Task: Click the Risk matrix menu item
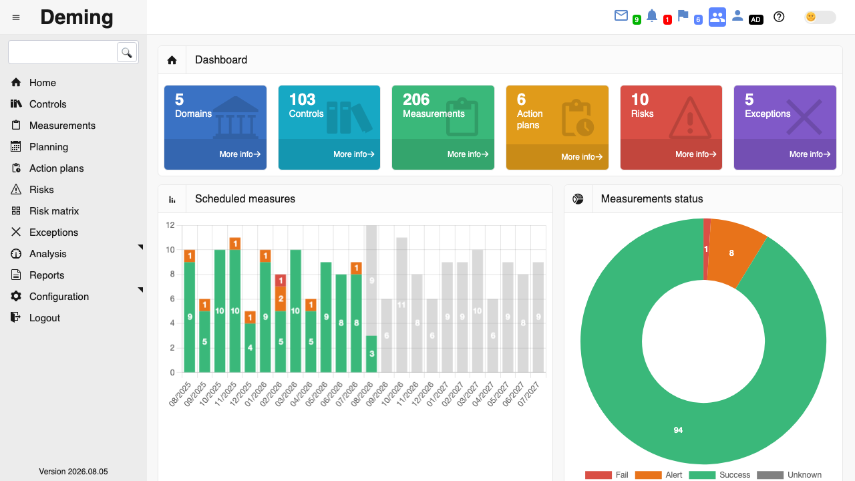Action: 54,211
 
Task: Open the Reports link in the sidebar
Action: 47,275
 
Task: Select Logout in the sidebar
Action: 45,318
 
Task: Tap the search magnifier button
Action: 127,52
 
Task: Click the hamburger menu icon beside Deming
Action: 16,17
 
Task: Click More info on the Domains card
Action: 240,154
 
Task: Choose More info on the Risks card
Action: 696,154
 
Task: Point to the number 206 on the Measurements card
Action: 416,100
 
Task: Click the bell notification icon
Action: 652,16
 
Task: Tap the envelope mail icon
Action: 621,15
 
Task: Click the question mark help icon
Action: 779,17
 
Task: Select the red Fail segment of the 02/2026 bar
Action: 281,280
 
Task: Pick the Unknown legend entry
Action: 790,475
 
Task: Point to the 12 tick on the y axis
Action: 170,225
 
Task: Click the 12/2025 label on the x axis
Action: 241,394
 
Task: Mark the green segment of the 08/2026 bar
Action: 371,354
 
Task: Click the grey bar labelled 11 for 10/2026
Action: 401,305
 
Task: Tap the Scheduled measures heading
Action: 245,199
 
